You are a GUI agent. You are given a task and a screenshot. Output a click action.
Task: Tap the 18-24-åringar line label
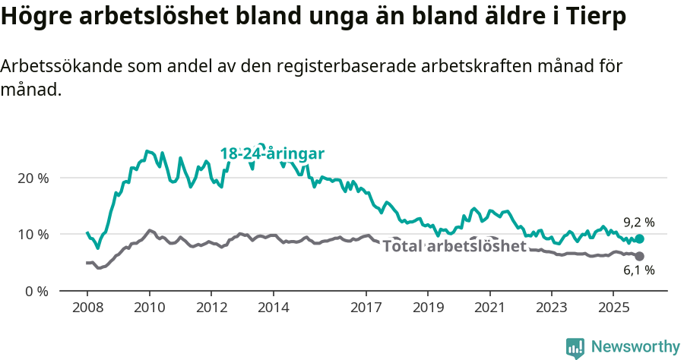pyautogui.click(x=273, y=153)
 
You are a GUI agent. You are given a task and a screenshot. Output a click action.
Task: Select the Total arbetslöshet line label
pyautogui.click(x=454, y=247)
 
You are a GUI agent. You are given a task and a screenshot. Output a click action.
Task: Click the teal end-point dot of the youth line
pyautogui.click(x=639, y=239)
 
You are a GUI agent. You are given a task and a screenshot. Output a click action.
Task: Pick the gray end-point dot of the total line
pyautogui.click(x=639, y=257)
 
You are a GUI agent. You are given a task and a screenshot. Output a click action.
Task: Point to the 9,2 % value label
pyautogui.click(x=639, y=223)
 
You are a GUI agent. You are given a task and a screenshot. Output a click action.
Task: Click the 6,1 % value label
pyautogui.click(x=639, y=271)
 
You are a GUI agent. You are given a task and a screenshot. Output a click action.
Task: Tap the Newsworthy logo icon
pyautogui.click(x=575, y=348)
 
